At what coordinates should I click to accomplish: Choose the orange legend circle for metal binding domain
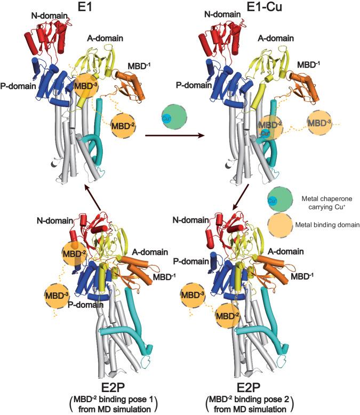tap(281, 225)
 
